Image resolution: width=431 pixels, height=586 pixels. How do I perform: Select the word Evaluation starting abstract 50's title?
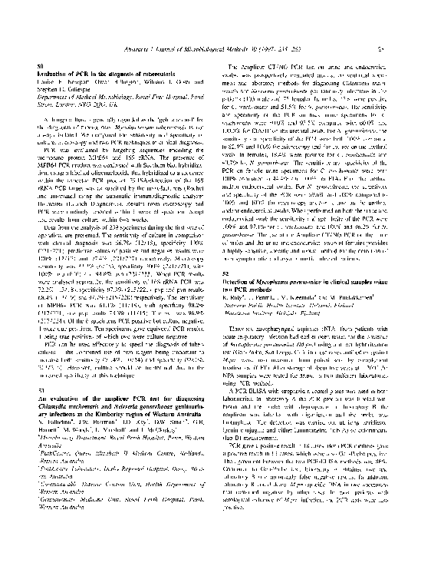[53, 74]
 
